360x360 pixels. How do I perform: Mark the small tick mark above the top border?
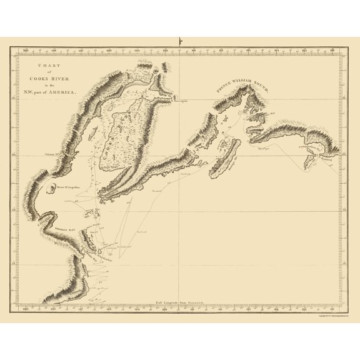coord(179,42)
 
